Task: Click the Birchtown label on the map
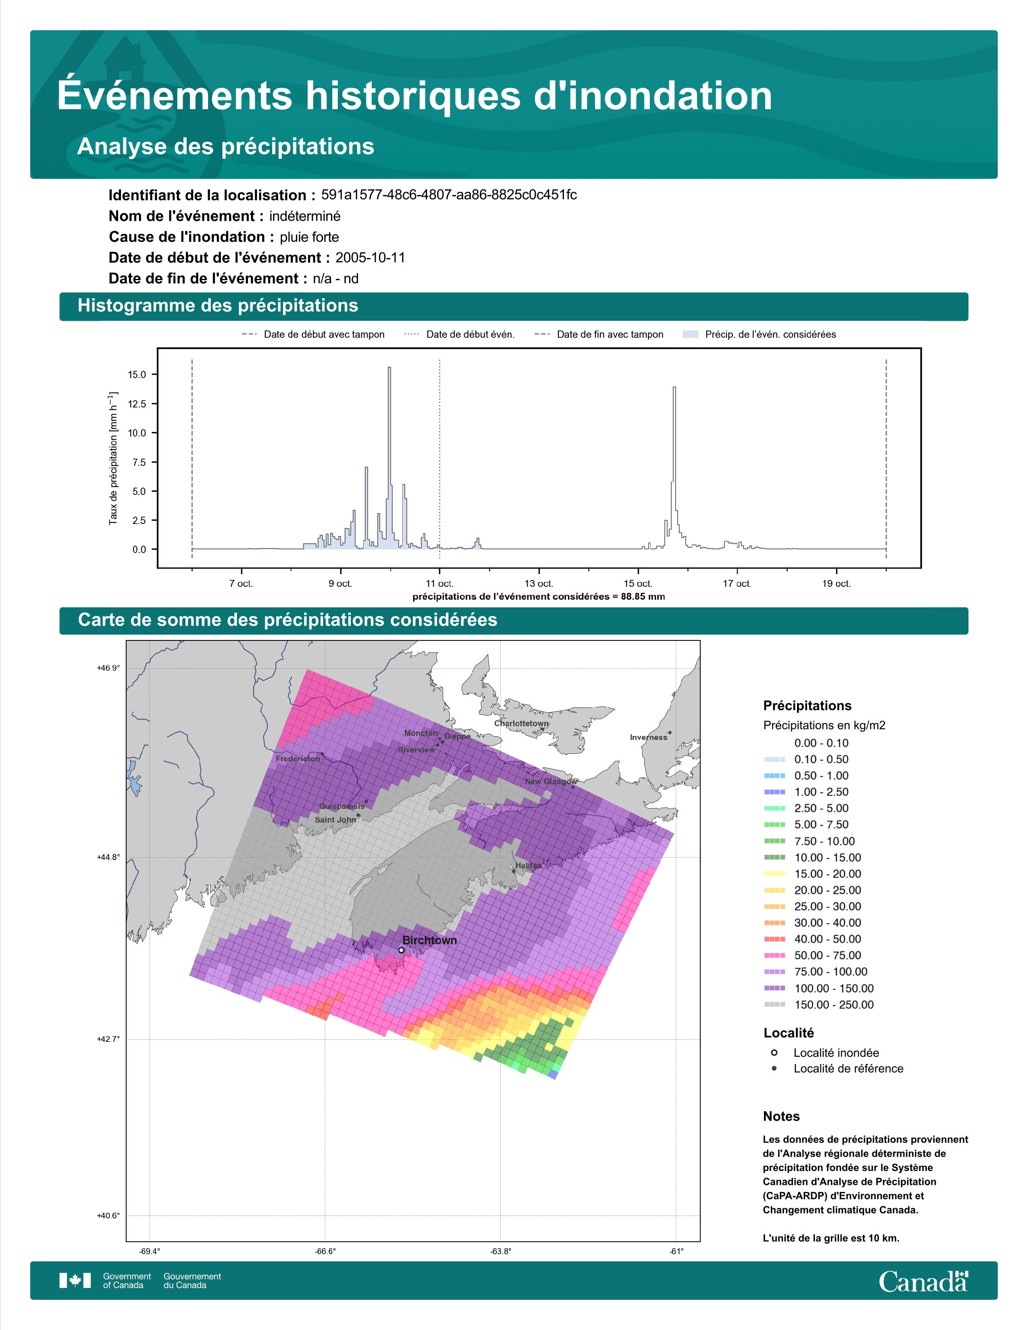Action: (x=429, y=940)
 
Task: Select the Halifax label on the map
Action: (x=528, y=865)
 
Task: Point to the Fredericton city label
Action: (x=298, y=759)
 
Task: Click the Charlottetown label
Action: (x=521, y=723)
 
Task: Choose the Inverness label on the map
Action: (x=649, y=738)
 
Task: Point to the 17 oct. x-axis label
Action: (x=737, y=584)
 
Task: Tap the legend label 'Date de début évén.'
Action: (x=470, y=335)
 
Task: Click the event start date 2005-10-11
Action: (x=370, y=258)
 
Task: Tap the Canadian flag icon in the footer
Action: (x=75, y=1281)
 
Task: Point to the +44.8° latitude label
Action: (x=108, y=857)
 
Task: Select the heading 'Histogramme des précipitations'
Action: (x=218, y=306)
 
